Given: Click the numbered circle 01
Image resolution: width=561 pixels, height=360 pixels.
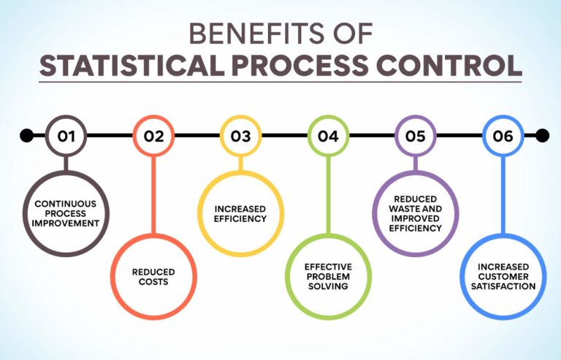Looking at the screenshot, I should coord(66,135).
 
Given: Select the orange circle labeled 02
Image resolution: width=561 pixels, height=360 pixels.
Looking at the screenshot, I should coord(153,135).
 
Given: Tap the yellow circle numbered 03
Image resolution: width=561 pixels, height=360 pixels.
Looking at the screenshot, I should coord(241,135).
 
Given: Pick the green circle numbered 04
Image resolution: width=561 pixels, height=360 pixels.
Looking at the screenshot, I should coord(328,135).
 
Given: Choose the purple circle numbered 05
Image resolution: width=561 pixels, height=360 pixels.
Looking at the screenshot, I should coord(416,135).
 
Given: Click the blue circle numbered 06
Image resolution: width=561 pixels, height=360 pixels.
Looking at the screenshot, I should coord(503,135).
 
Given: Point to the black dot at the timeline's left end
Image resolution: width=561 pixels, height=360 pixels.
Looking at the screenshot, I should coord(27,135).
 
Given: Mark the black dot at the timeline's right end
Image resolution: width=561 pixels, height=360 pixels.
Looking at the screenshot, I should coord(542,135).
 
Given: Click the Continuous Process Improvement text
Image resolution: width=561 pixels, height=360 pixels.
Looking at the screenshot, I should coord(66,213).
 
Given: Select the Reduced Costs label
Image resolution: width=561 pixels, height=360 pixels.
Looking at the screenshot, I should coord(153,277).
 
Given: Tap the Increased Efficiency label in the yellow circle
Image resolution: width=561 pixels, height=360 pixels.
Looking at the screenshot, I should coord(241,213).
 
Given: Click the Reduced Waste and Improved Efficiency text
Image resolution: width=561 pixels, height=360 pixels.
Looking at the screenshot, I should coord(416,213).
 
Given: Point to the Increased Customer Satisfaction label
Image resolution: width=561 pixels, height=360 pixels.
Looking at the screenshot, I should coord(503,277).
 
